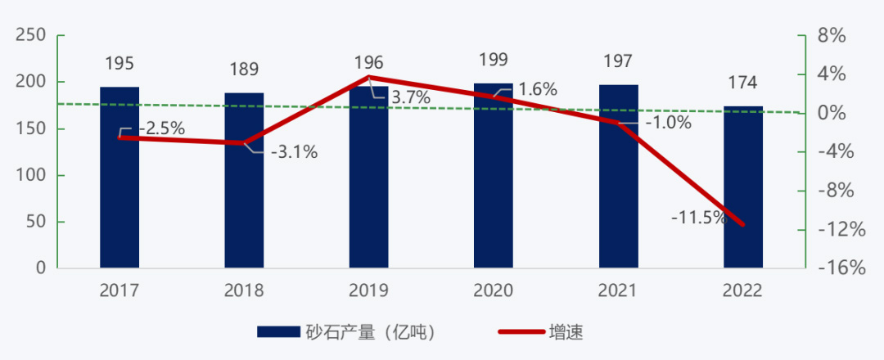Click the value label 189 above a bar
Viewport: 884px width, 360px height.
coord(244,69)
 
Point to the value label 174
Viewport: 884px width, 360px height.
coord(742,83)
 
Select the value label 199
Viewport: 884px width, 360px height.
coord(494,60)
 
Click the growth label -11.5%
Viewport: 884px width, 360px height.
coord(698,218)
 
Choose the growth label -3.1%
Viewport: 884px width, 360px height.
coord(294,152)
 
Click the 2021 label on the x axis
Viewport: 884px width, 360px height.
coord(618,290)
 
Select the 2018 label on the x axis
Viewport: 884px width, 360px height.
coord(244,290)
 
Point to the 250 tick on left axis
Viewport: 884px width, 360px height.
coord(30,36)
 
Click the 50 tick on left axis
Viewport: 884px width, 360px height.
coord(35,222)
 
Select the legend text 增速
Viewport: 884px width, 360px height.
coord(566,331)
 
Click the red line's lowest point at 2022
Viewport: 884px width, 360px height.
coord(743,224)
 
